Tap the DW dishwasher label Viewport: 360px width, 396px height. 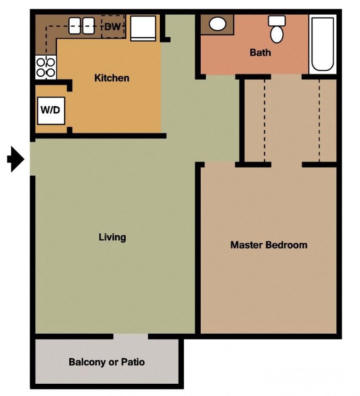113,27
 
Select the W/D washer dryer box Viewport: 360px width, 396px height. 50,111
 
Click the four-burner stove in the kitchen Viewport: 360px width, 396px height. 46,67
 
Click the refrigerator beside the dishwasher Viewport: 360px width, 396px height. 143,28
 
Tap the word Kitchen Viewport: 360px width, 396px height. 112,78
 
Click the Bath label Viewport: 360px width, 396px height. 260,52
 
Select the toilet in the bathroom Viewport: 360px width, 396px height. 277,30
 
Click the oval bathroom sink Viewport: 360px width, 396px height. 217,25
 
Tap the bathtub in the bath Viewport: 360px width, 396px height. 323,44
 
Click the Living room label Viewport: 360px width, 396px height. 112,237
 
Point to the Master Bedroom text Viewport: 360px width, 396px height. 269,245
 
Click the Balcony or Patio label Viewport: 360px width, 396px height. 106,362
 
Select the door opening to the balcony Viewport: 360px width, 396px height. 131,336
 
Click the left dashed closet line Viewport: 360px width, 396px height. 264,120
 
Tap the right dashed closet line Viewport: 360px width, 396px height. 319,120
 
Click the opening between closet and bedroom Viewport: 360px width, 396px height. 286,165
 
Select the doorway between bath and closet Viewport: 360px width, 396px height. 286,76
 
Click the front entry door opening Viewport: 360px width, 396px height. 33,158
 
